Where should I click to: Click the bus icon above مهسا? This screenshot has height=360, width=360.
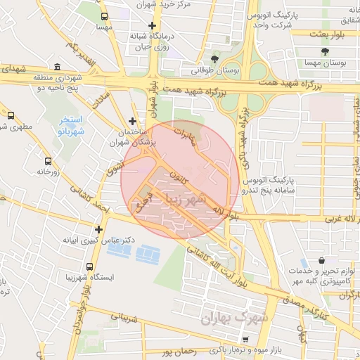(x=105, y=15)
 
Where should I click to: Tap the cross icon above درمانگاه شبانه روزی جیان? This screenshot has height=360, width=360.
(x=151, y=26)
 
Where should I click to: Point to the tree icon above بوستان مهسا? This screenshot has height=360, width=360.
(x=324, y=51)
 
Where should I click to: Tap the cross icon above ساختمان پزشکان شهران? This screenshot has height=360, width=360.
(x=132, y=120)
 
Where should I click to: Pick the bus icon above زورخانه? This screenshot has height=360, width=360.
(x=47, y=160)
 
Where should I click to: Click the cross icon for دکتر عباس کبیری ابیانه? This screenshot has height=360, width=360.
(x=98, y=229)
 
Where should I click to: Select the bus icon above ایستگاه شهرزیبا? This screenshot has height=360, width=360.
(x=89, y=266)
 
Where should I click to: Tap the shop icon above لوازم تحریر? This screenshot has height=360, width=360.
(x=321, y=260)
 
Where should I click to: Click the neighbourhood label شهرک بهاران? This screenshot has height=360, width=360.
(x=226, y=319)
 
